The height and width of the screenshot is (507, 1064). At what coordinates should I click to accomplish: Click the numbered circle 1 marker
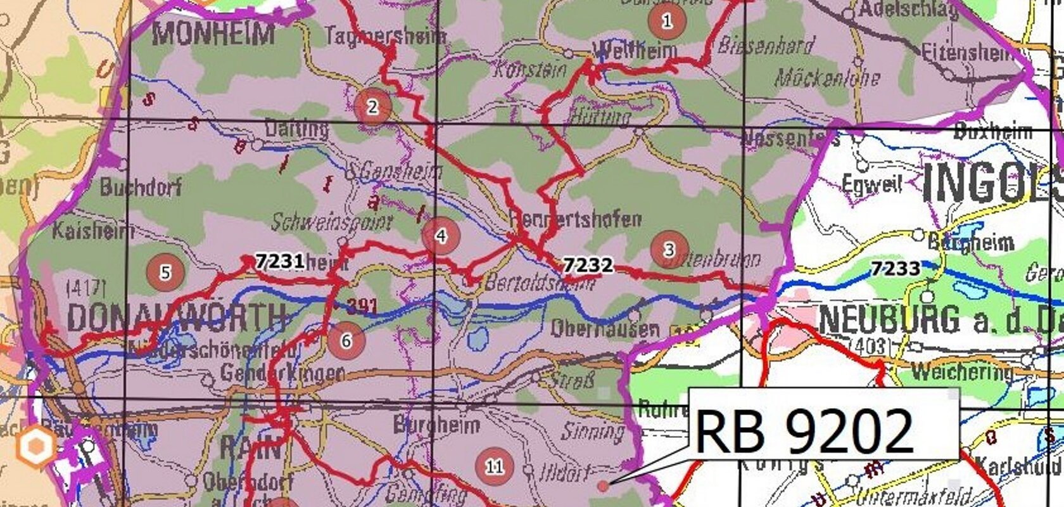668,21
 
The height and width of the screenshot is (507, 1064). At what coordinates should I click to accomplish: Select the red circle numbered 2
372,106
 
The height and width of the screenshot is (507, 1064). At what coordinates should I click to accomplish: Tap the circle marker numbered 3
669,249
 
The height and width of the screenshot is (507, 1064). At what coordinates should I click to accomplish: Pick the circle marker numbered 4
441,236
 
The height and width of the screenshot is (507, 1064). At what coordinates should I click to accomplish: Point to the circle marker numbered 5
165,273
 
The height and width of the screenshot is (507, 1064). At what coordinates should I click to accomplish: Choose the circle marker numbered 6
346,340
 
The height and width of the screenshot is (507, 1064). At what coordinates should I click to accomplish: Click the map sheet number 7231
280,260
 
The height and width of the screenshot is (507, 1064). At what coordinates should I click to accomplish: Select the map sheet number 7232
588,264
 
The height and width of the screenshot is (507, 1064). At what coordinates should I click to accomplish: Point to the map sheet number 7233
895,269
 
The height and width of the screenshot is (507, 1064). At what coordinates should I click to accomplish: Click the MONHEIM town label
213,33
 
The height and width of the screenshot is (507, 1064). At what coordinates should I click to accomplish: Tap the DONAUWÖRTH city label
176,316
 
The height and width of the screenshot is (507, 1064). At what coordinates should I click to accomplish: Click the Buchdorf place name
141,187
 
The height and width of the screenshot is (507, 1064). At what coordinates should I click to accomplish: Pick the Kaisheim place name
92,231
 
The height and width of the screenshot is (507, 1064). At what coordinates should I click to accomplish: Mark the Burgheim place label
436,424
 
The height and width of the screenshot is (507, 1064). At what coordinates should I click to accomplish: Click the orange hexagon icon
35,446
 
